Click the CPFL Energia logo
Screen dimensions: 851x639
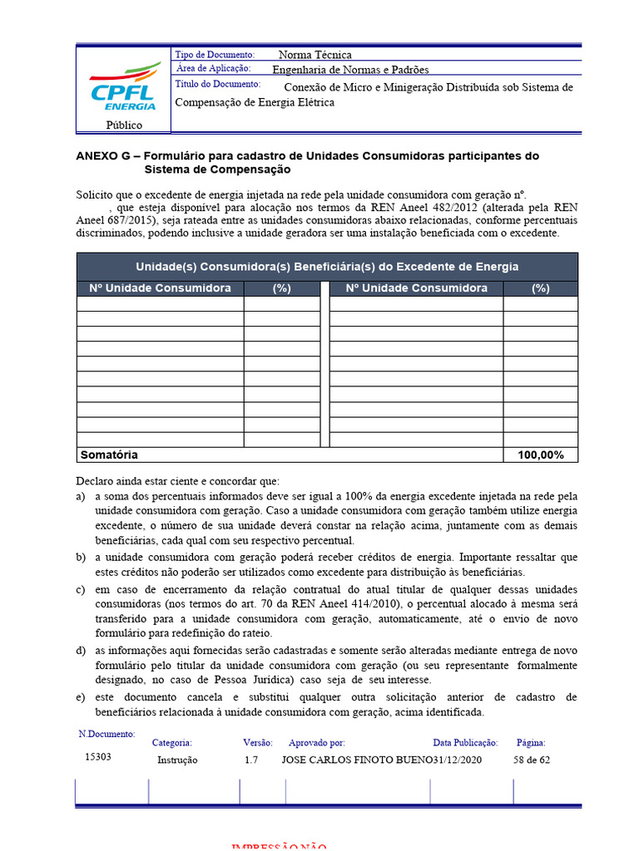point(123,86)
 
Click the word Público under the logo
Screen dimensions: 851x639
point(123,125)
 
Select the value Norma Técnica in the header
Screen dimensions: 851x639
point(315,55)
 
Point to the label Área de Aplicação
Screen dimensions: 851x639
point(215,69)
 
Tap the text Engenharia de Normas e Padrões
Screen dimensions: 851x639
point(350,70)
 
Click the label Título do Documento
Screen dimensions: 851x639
point(218,85)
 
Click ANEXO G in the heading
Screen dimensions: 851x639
point(104,156)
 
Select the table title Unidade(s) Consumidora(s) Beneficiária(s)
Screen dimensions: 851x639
point(327,267)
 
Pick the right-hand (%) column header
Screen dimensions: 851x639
point(540,288)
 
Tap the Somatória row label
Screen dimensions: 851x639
point(108,455)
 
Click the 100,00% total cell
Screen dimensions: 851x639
point(540,455)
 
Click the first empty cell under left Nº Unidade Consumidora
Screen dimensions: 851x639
point(160,303)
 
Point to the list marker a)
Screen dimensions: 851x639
point(81,495)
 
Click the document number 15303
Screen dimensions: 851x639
point(97,757)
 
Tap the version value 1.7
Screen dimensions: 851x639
point(251,760)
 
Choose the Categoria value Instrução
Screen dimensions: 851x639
point(177,760)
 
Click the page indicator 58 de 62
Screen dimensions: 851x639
point(532,760)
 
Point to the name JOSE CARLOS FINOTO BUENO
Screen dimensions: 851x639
point(357,760)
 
